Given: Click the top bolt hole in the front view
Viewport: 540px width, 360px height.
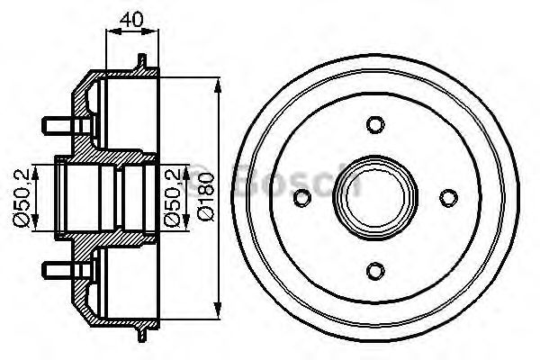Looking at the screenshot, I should pyautogui.click(x=376, y=124).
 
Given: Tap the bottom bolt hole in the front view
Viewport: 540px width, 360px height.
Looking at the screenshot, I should pyautogui.click(x=376, y=267).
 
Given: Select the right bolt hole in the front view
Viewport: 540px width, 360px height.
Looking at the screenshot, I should pyautogui.click(x=447, y=196).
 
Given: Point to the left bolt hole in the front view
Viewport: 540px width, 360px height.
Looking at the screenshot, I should pyautogui.click(x=305, y=196).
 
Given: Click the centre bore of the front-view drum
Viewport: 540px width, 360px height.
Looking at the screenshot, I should pyautogui.click(x=376, y=196).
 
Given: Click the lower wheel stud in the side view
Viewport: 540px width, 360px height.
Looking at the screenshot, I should pyautogui.click(x=57, y=267).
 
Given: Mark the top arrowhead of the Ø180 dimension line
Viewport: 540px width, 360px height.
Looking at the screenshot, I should pyautogui.click(x=220, y=85).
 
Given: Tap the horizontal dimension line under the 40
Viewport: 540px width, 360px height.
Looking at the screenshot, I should pyautogui.click(x=132, y=31).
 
